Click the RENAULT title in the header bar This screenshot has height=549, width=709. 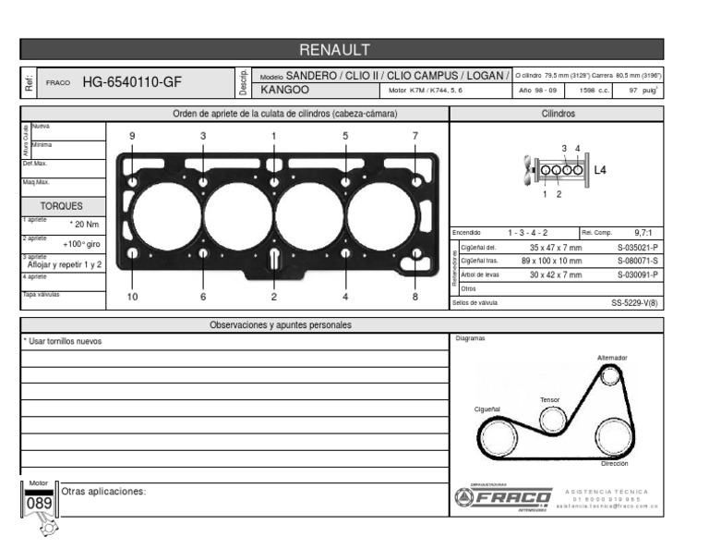point(334,49)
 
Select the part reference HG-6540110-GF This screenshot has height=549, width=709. point(132,82)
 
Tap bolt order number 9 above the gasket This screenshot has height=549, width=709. point(132,136)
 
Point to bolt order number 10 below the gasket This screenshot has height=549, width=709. point(132,297)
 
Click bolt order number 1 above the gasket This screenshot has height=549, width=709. point(273,136)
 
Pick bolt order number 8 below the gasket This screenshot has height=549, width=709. point(415,297)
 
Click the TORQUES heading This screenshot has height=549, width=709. point(61,206)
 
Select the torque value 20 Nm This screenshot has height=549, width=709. point(85,225)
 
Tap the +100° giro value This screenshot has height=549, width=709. point(81,244)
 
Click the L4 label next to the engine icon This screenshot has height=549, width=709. point(599,170)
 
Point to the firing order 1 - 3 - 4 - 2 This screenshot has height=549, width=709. point(528,234)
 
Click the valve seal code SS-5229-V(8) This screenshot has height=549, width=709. point(634,302)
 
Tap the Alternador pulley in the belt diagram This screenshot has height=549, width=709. point(610,375)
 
